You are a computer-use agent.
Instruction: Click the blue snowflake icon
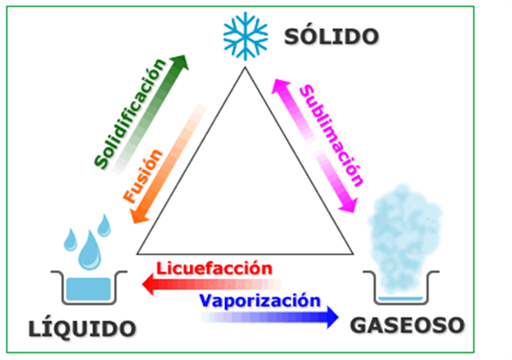(x=245, y=36)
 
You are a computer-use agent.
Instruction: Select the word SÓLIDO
(x=332, y=36)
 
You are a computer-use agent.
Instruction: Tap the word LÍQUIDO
(x=83, y=328)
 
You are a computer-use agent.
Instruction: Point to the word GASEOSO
(x=407, y=325)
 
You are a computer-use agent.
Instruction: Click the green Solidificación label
(x=130, y=113)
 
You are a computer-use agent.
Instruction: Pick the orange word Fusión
(x=143, y=176)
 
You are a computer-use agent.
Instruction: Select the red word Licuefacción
(x=214, y=268)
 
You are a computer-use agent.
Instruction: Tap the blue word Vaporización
(x=260, y=301)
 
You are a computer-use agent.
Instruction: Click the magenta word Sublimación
(x=332, y=135)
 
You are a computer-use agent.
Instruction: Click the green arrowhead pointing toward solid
(x=179, y=62)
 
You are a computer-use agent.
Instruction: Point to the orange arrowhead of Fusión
(x=139, y=217)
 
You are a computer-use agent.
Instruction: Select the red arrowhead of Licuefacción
(x=148, y=284)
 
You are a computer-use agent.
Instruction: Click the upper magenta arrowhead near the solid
(x=280, y=86)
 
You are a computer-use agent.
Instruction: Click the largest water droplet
(x=89, y=251)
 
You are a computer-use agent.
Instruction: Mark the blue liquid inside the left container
(x=89, y=289)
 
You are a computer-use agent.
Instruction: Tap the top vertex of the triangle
(x=245, y=67)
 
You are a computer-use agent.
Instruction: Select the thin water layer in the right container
(x=401, y=298)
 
